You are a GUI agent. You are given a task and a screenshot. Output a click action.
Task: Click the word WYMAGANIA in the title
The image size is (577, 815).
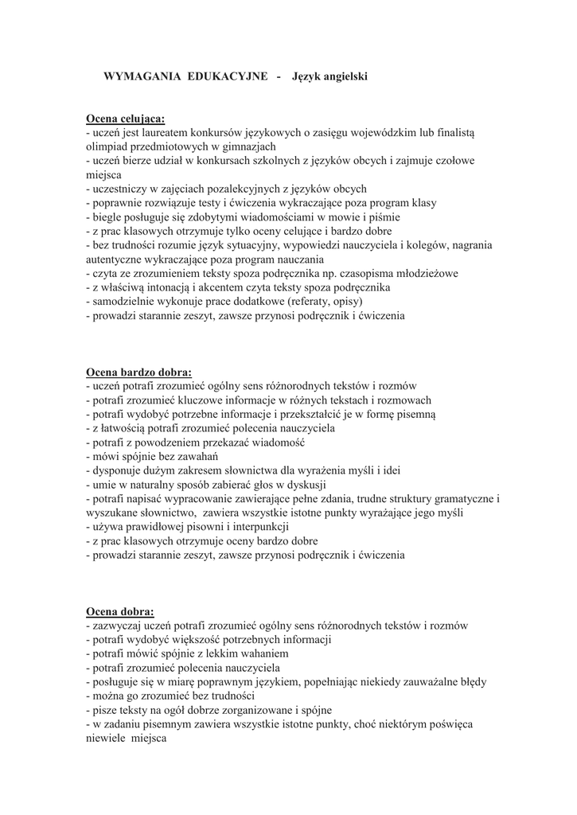[142, 76]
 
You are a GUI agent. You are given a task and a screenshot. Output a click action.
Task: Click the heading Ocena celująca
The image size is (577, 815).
[125, 119]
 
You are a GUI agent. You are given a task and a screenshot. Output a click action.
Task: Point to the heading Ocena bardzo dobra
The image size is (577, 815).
[138, 371]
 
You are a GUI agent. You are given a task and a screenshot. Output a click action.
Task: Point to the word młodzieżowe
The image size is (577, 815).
[420, 273]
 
